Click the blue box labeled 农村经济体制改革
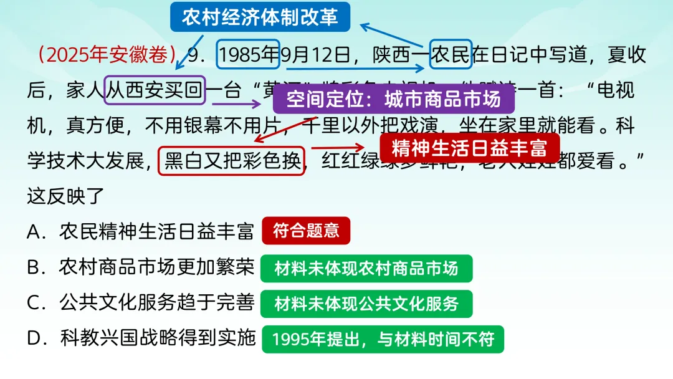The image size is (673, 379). point(260,17)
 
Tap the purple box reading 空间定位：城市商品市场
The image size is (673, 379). point(394,98)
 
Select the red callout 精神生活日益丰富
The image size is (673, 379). point(470,148)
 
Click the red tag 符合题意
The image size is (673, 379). point(306,231)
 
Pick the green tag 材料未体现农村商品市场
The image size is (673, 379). point(366,268)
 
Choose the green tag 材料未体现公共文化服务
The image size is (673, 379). point(366,304)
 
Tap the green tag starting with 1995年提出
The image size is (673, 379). point(383,340)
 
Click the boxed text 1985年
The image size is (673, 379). point(248,55)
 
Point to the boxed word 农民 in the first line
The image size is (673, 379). point(451,55)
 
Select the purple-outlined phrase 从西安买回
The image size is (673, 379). point(155,91)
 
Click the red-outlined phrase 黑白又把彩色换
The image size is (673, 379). point(232,161)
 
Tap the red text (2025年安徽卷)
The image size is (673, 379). point(107,55)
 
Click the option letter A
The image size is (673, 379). point(34,232)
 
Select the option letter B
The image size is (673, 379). point(34,268)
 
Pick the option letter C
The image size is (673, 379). point(34,304)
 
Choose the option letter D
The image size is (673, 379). point(35,339)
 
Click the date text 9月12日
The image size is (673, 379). point(315,55)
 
